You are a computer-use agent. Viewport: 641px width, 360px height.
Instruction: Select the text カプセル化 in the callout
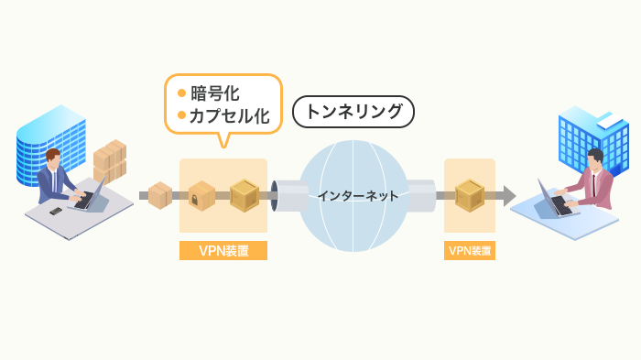pos(229,115)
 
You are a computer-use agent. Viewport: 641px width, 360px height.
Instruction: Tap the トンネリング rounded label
pos(353,113)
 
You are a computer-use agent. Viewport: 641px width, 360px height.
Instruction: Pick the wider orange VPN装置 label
pos(223,249)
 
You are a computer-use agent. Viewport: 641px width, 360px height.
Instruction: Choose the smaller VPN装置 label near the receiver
pos(470,249)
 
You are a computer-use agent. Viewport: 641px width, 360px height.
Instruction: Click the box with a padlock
pos(201,194)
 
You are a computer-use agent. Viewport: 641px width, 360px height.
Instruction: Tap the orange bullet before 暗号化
pos(181,93)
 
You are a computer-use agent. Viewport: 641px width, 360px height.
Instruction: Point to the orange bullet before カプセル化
pos(181,115)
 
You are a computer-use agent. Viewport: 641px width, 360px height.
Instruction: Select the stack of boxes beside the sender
pos(110,161)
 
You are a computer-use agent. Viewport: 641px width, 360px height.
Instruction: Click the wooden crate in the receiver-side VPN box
pos(470,194)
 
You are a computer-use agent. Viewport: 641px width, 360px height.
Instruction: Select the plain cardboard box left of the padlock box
pos(160,194)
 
